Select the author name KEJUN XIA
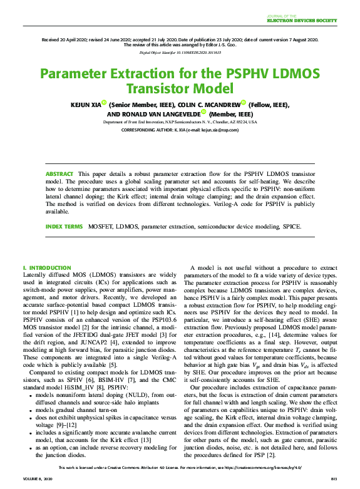pyautogui.click(x=83, y=105)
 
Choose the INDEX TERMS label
pyautogui.click(x=64, y=226)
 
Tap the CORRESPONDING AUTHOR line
pyautogui.click(x=180, y=130)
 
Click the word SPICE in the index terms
pyautogui.click(x=292, y=226)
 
